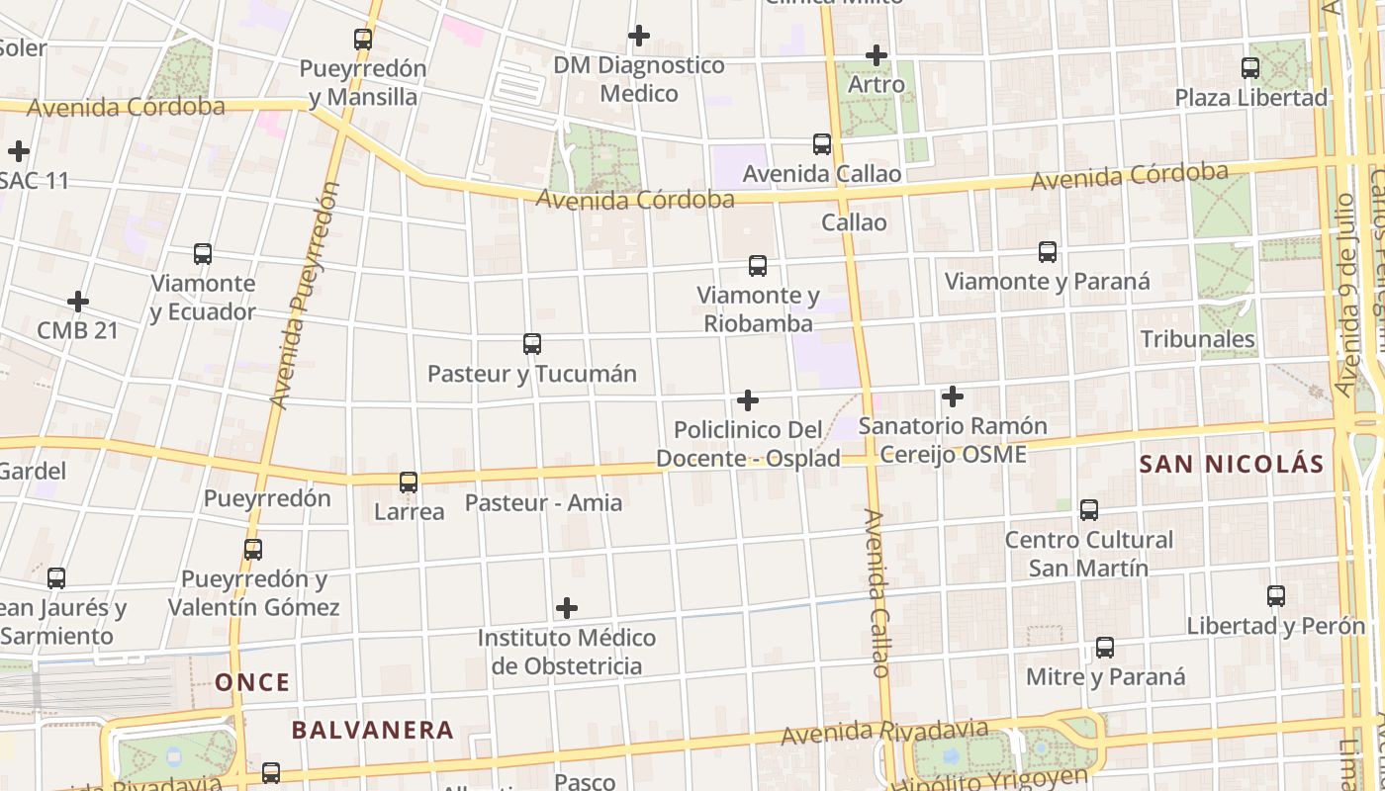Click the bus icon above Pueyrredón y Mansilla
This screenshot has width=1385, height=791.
tap(363, 40)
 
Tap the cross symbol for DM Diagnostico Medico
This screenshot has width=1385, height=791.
tap(639, 36)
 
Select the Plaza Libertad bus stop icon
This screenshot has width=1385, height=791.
tap(1250, 68)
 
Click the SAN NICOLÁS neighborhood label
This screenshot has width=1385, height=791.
tap(1231, 464)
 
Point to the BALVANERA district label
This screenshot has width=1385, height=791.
tap(372, 731)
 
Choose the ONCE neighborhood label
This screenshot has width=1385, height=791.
tap(253, 682)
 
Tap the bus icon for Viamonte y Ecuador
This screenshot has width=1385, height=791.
tap(203, 254)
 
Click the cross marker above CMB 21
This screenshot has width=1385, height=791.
tap(78, 301)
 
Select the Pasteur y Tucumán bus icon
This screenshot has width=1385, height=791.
tap(532, 344)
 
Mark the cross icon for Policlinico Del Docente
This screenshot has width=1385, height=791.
tap(748, 400)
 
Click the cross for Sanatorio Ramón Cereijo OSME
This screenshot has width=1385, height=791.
tap(953, 396)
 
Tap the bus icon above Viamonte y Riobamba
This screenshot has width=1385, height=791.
tap(758, 266)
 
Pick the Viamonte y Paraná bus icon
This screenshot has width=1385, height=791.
tap(1048, 252)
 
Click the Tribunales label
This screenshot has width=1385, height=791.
tap(1197, 339)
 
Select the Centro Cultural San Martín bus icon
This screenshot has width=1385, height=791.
tap(1089, 510)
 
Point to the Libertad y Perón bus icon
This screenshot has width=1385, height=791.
tap(1276, 596)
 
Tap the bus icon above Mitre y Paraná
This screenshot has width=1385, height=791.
tap(1105, 648)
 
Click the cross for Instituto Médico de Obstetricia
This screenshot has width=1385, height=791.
tap(567, 607)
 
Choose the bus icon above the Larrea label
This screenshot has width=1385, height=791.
tap(409, 483)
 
